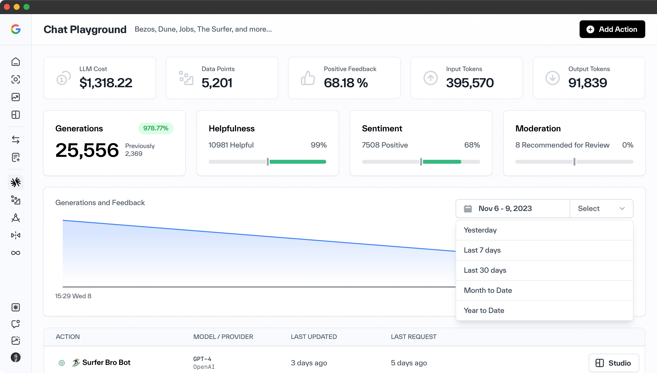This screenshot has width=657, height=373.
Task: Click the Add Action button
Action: click(x=612, y=29)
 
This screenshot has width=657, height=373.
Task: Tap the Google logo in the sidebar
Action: click(x=16, y=29)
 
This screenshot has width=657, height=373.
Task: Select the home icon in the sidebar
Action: click(x=16, y=62)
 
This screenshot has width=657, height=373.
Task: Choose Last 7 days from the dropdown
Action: click(x=482, y=250)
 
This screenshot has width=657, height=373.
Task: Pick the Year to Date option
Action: click(x=484, y=310)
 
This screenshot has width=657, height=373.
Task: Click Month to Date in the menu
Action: click(x=487, y=290)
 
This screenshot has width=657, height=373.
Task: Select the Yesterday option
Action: click(x=480, y=230)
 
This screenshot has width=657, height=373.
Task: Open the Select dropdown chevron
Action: click(x=622, y=209)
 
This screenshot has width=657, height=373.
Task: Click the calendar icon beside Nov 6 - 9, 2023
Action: click(x=468, y=209)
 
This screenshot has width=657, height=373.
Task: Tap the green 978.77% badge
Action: click(x=156, y=128)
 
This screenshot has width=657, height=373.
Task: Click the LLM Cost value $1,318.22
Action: click(x=106, y=83)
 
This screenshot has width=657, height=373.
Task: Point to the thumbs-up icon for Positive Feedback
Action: click(x=308, y=78)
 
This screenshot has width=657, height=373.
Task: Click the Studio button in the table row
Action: click(x=613, y=363)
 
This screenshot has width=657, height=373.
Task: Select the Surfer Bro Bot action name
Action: click(x=106, y=362)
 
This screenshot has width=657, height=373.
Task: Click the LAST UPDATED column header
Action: click(x=314, y=337)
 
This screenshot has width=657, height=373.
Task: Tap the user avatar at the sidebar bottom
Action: click(x=16, y=357)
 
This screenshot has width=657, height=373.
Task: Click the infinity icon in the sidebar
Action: click(x=16, y=253)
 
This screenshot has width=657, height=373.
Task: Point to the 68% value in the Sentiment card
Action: click(x=472, y=145)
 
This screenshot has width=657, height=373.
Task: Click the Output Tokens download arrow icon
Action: click(x=552, y=78)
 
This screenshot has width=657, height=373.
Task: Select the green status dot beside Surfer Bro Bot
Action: click(x=62, y=363)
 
